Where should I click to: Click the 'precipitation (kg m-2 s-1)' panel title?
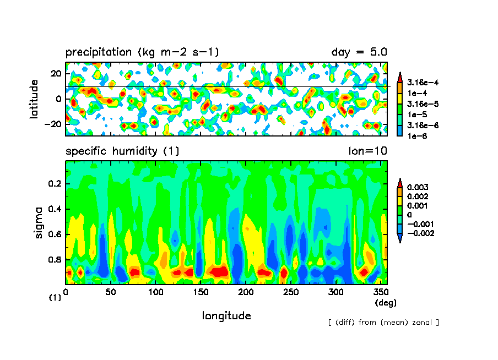click(142, 52)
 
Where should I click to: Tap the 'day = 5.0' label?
click(359, 52)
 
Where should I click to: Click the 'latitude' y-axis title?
click(34, 99)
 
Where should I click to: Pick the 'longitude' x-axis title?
click(226, 315)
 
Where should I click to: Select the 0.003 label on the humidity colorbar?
click(416, 187)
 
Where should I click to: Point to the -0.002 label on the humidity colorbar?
click(419, 233)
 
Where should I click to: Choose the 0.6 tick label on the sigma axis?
click(56, 234)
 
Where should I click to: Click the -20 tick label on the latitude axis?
click(54, 124)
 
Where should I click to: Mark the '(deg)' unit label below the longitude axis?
click(386, 303)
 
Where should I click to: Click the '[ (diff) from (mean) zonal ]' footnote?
click(383, 322)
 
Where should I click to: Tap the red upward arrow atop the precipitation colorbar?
click(400, 75)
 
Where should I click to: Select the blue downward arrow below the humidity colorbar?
click(400, 238)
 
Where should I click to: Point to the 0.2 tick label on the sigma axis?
click(56, 184)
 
